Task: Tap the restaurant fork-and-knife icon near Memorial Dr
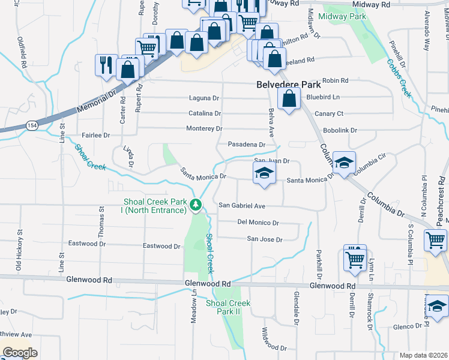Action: pyautogui.click(x=106, y=65)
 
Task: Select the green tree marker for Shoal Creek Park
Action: pyautogui.click(x=195, y=206)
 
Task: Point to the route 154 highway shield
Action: pyautogui.click(x=32, y=125)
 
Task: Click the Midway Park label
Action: pyautogui.click(x=343, y=16)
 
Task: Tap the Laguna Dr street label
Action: pyautogui.click(x=205, y=98)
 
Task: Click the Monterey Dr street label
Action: pyautogui.click(x=204, y=128)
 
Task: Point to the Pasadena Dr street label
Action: pyautogui.click(x=246, y=145)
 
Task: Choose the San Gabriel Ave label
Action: pyautogui.click(x=241, y=205)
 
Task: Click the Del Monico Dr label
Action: pyautogui.click(x=258, y=223)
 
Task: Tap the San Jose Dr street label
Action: pyautogui.click(x=265, y=239)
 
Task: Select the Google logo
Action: pyautogui.click(x=20, y=353)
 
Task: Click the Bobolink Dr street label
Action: pyautogui.click(x=340, y=130)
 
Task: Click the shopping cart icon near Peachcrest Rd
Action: pyautogui.click(x=435, y=241)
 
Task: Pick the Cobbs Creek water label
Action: pyautogui.click(x=399, y=78)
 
